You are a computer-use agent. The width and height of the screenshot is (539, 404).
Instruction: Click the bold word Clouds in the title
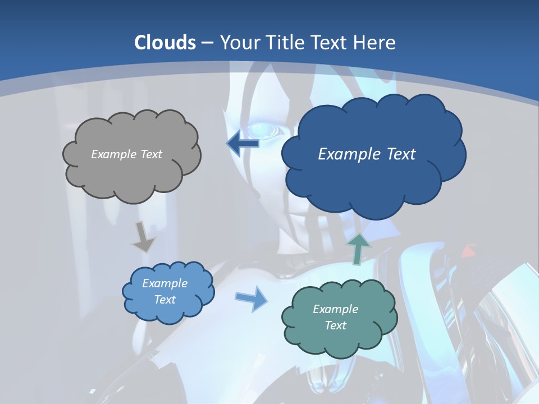[x=165, y=43]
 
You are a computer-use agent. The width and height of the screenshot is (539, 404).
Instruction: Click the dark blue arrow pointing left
[x=243, y=143]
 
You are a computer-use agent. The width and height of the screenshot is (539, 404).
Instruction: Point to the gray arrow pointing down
[x=144, y=238]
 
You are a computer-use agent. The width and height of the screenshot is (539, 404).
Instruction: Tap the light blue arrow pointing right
[x=251, y=298]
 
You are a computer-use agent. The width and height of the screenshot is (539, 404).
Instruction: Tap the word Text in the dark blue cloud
[x=397, y=154]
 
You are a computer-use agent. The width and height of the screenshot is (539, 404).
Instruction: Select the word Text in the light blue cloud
[x=165, y=300]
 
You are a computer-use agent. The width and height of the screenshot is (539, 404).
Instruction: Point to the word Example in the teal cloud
[x=335, y=309]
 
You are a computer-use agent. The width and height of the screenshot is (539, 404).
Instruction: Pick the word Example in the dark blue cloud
[x=346, y=154]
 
